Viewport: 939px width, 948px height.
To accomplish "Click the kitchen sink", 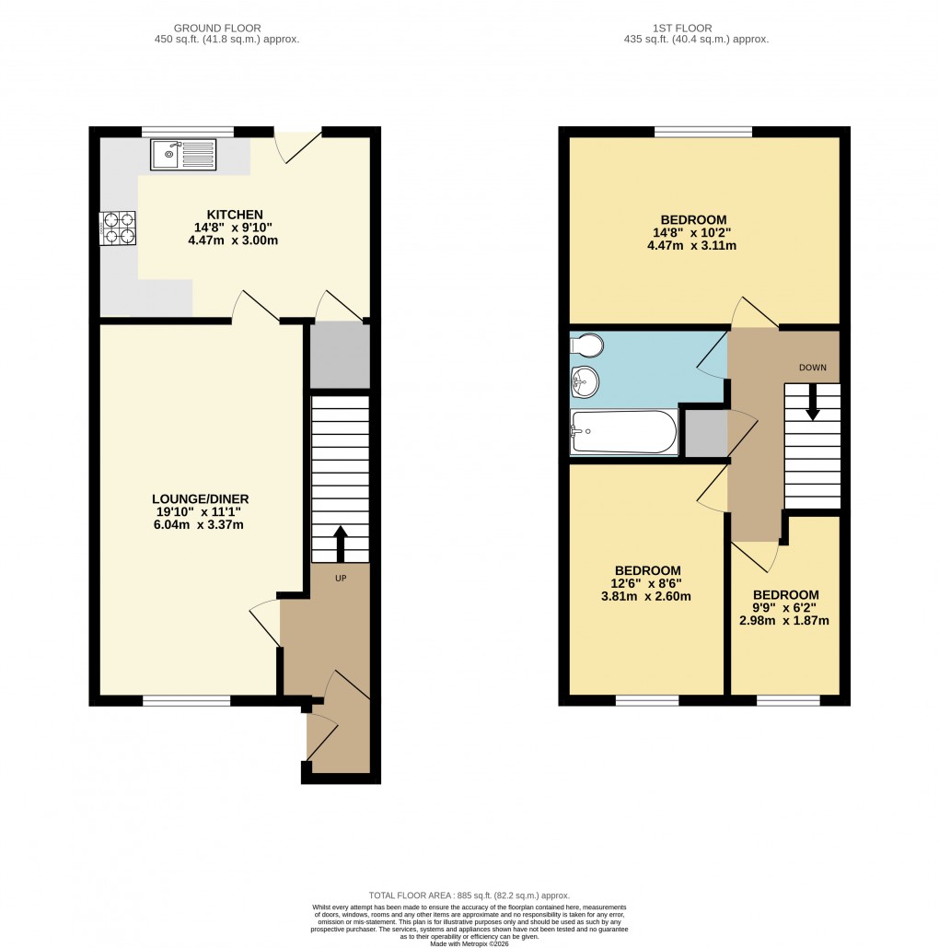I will [x=184, y=155].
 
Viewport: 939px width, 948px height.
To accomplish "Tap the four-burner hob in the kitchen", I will [x=118, y=228].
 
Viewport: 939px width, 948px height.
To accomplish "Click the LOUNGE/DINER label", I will [x=201, y=498].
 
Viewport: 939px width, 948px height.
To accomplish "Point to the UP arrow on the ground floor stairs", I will [x=340, y=544].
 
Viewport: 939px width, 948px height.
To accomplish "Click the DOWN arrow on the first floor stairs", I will [x=813, y=404].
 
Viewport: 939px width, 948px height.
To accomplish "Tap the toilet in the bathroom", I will [x=586, y=345].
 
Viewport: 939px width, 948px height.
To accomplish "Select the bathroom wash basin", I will [x=584, y=380].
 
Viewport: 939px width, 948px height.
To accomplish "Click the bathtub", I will [x=624, y=432].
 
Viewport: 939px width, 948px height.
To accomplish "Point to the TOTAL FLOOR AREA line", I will [x=469, y=895].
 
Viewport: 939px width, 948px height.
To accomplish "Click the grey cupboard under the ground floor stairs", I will [x=340, y=356].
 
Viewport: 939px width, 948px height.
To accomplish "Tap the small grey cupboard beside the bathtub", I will [x=706, y=432].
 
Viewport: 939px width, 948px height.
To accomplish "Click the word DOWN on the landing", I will [x=812, y=367].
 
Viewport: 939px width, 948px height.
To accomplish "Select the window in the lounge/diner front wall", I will [x=186, y=701].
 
